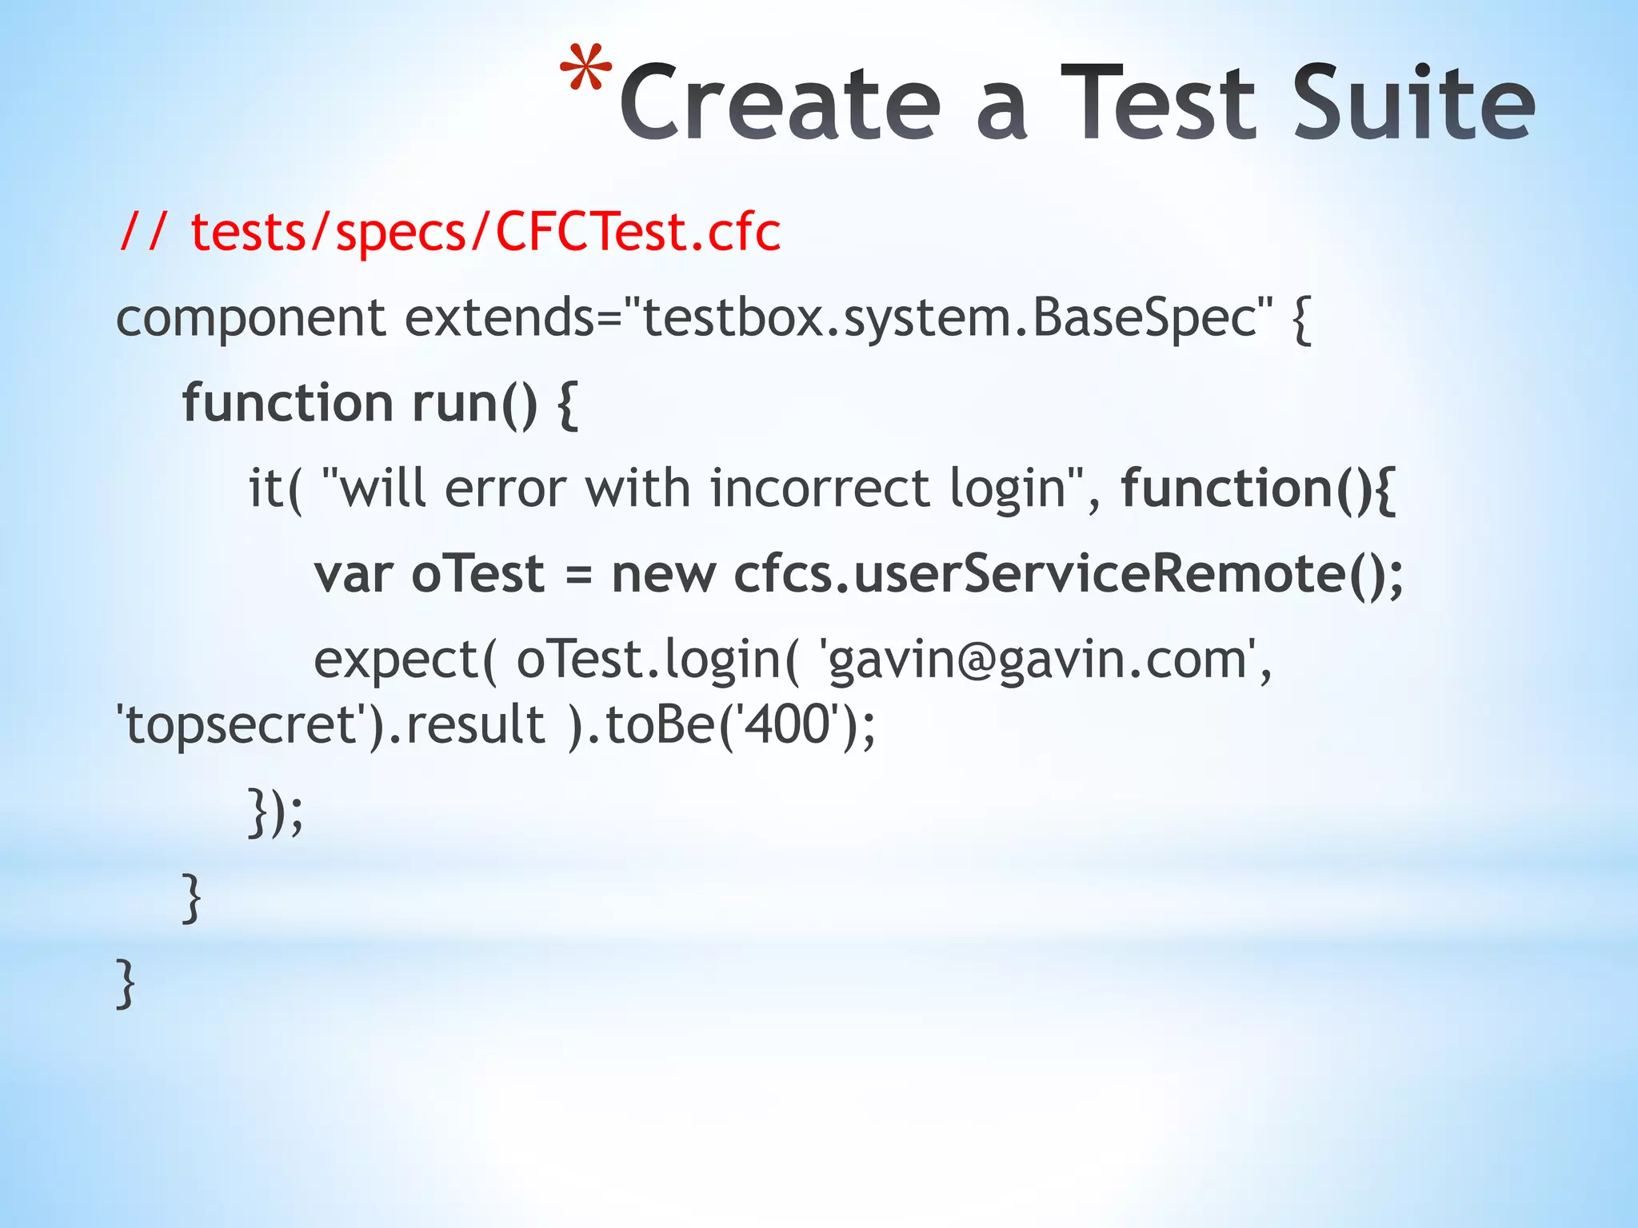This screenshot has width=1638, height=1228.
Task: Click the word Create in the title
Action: pos(780,104)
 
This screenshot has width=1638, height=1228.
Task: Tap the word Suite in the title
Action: pos(1412,104)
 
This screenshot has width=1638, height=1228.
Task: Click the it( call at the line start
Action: pos(275,488)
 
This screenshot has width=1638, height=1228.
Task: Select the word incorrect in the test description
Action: pos(820,488)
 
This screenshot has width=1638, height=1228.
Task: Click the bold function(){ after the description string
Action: pos(1258,488)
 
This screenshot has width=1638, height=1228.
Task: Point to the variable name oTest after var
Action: pos(477,575)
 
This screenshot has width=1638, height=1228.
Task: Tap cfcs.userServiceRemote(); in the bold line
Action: pos(1068,575)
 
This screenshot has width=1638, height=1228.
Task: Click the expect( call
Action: pos(405,661)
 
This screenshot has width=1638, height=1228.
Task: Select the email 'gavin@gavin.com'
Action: pos(1040,661)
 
